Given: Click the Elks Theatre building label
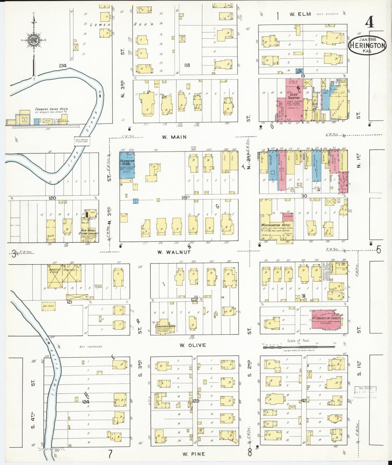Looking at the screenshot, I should (293, 96).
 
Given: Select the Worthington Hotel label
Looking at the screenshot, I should (276, 225).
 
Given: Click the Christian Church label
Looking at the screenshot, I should (165, 326).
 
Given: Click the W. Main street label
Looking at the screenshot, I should (174, 137).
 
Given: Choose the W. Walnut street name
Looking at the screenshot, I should (174, 252).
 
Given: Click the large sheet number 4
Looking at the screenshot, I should (369, 23).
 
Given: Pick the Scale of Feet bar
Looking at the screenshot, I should (298, 347).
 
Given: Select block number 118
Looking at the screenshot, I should (187, 65).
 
